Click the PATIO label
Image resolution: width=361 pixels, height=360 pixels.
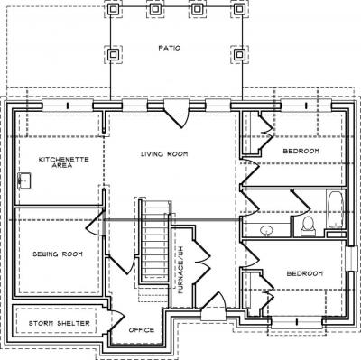tap(170, 48)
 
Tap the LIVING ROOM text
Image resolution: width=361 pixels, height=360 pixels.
tap(164, 154)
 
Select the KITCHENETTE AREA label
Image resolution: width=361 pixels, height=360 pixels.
tap(64, 162)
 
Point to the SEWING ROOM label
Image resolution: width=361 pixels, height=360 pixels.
tap(58, 254)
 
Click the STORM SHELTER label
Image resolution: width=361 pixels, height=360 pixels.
tap(60, 324)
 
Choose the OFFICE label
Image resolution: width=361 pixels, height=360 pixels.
tap(142, 330)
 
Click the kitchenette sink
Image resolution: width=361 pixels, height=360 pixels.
tap(24, 180)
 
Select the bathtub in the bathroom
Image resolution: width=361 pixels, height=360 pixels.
tap(335, 209)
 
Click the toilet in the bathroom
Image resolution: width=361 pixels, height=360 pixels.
tap(308, 226)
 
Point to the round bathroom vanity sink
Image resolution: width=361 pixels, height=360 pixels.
tap(266, 231)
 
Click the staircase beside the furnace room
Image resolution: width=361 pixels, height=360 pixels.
tap(154, 241)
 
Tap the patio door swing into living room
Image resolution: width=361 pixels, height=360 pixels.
tap(176, 115)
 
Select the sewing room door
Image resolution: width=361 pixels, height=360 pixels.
tap(95, 223)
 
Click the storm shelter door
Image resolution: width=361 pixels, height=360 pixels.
tap(116, 321)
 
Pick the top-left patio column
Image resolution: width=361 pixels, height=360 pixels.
tap(113, 9)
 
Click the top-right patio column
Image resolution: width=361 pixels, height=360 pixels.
tap(239, 9)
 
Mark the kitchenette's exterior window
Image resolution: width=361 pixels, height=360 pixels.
tap(68, 106)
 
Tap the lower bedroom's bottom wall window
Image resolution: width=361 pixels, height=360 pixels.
tap(297, 322)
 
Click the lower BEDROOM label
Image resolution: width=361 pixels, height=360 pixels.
tap(305, 273)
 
